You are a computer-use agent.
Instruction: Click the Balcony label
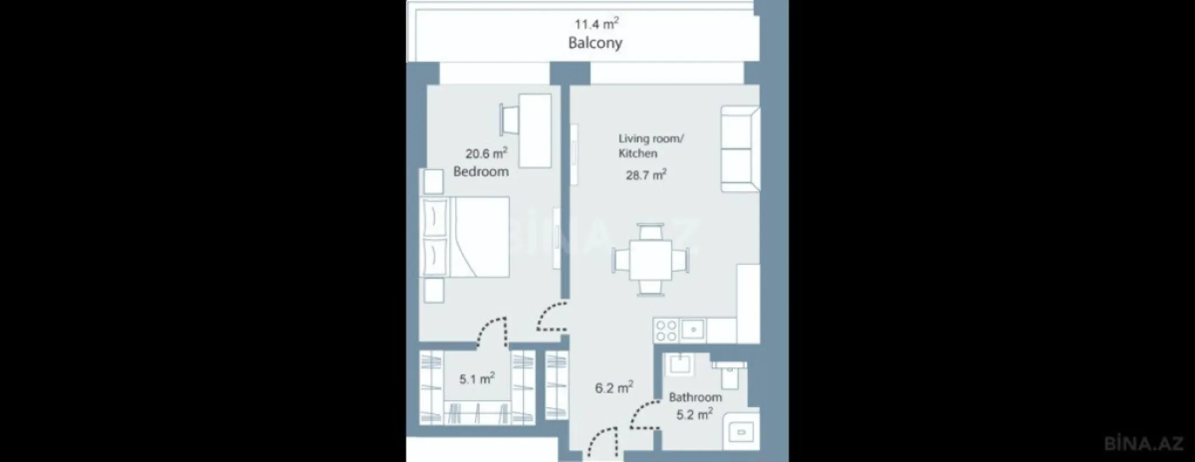tap(595, 43)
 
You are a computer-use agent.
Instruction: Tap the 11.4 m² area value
tap(597, 24)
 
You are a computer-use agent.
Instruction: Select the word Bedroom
tap(481, 172)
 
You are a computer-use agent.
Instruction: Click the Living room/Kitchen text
tap(650, 146)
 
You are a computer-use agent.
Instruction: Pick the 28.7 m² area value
tap(646, 175)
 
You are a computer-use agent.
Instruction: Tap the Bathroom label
tap(695, 397)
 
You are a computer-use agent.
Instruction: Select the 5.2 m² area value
tap(694, 415)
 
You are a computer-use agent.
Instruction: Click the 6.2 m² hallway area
tap(614, 388)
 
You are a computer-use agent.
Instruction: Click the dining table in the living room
tap(651, 260)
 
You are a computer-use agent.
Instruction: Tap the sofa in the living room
tap(740, 149)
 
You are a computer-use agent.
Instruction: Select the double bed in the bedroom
tap(466, 237)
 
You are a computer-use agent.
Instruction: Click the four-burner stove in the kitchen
tap(666, 330)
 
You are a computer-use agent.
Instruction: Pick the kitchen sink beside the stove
tap(692, 330)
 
